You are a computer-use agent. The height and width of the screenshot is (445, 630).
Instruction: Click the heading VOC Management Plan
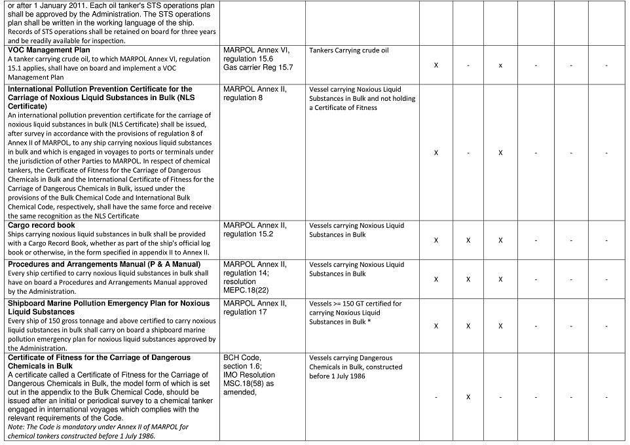[49, 50]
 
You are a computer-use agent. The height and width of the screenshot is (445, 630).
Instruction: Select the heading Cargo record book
[41, 226]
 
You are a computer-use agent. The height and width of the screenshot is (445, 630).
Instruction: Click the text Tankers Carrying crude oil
[349, 50]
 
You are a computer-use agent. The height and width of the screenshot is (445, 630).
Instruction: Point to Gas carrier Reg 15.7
[258, 67]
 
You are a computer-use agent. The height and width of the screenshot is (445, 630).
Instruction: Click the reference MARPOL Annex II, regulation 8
[255, 94]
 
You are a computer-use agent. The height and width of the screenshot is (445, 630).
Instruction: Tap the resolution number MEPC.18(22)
[248, 291]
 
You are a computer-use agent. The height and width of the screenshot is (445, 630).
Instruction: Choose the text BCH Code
[242, 358]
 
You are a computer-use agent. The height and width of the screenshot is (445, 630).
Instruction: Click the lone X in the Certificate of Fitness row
[468, 397]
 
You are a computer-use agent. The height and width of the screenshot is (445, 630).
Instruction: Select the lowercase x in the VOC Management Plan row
[500, 65]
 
